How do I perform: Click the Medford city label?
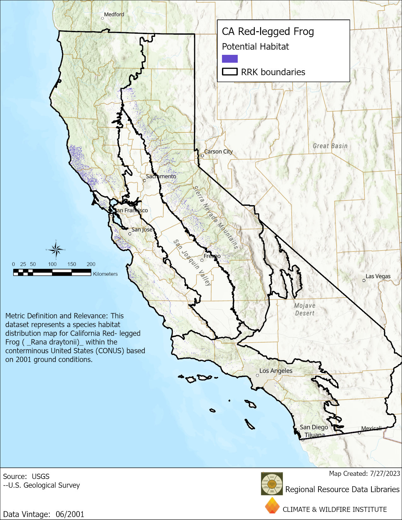point(114,14)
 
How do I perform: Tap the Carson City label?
point(218,152)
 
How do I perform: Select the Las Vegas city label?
point(378,276)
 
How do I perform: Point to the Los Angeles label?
point(276,371)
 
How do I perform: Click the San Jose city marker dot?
point(130,234)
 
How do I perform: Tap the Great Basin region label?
point(330,146)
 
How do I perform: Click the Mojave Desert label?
point(305,309)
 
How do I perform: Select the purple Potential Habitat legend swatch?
point(230,59)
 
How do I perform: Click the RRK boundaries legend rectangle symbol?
point(230,72)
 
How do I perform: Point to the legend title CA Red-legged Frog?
point(268,32)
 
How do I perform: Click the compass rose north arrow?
point(56,250)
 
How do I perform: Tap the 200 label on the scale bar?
point(91,264)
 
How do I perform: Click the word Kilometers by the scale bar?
point(105,274)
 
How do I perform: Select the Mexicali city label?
point(371,428)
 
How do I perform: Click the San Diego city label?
point(313,427)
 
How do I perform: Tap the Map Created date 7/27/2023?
point(385,473)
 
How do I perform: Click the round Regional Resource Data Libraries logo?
point(272,483)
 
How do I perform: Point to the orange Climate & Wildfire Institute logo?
point(272,506)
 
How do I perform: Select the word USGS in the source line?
point(40,477)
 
